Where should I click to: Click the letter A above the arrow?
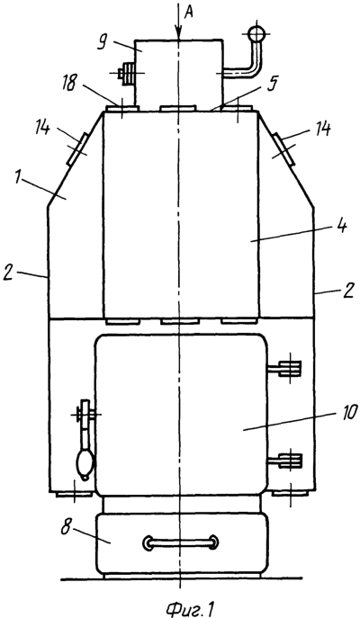coord(189,13)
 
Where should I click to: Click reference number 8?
coord(66,527)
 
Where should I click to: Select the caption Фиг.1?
coord(189,608)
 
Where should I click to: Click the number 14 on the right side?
coord(322,130)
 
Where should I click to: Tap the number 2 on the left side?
coord(8,273)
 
